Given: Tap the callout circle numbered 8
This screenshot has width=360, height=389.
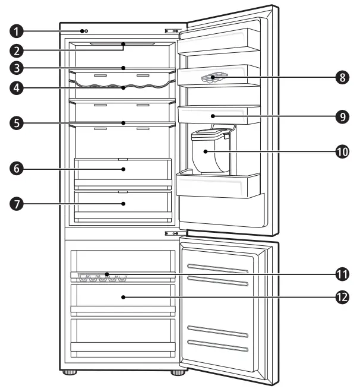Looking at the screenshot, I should tap(340, 77).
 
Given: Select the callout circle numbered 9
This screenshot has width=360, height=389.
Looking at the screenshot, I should tap(340, 116).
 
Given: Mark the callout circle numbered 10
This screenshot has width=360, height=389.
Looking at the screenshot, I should tap(340, 151).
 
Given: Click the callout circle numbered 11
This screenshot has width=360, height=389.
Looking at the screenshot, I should tap(340, 274).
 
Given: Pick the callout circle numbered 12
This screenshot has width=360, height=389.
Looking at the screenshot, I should tap(340, 296).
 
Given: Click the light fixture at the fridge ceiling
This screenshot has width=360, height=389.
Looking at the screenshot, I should tap(122, 44).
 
